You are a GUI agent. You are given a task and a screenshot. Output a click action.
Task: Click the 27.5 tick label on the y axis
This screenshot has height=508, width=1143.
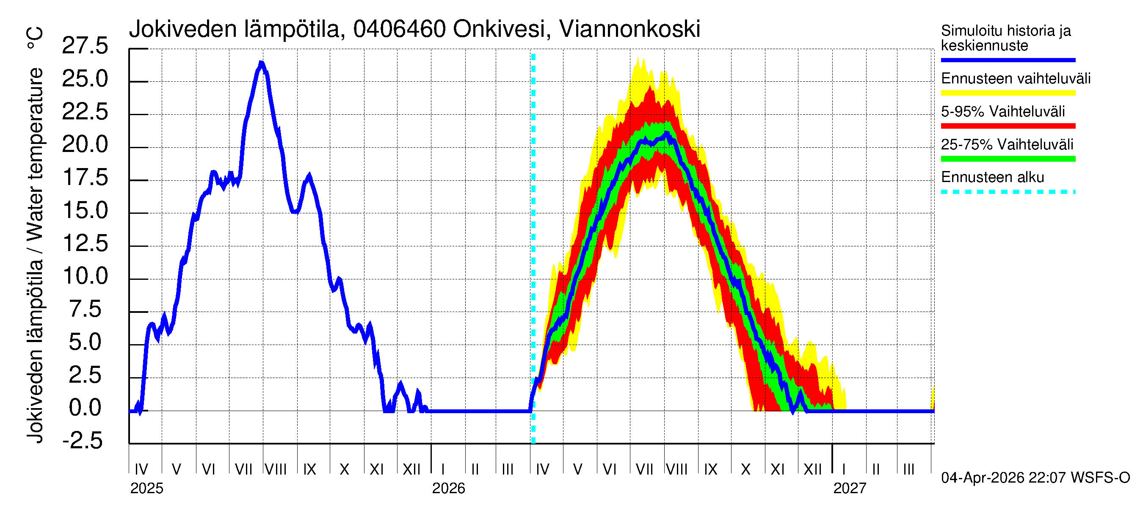coord(85,46)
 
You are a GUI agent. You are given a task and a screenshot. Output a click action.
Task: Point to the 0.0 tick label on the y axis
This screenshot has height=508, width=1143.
coord(85,408)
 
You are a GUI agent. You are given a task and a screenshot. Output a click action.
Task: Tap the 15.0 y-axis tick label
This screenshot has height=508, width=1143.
coord(85,211)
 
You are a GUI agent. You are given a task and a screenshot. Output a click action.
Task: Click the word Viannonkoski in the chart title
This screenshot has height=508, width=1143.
coord(629,29)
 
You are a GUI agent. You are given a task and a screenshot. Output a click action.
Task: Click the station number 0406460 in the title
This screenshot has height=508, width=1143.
coord(399,29)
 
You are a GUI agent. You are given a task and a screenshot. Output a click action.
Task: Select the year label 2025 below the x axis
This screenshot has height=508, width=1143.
coord(146,489)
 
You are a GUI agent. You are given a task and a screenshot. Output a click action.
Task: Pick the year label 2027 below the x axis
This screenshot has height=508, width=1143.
coord(849,489)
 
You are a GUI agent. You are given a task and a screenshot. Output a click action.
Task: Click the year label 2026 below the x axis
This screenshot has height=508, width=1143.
coord(448,489)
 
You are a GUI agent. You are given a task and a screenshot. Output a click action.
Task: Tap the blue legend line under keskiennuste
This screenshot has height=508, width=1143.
coord(1008,60)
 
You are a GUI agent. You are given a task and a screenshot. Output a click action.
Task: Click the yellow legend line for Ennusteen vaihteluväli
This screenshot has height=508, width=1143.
coord(1008,93)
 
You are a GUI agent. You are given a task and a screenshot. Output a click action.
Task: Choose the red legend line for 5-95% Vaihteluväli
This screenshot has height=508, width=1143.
coord(1008,126)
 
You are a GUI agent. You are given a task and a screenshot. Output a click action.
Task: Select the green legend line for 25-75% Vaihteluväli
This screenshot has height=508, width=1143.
coord(1008,159)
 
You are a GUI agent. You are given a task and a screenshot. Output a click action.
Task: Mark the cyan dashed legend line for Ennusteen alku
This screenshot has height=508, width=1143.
coord(1008,192)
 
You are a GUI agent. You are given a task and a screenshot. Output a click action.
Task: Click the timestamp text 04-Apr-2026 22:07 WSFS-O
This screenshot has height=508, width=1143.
coord(1035,478)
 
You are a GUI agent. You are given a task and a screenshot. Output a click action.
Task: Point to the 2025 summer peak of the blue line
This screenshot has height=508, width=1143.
coord(261,63)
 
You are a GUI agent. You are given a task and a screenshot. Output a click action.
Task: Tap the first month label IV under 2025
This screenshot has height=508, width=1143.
coord(141,469)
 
